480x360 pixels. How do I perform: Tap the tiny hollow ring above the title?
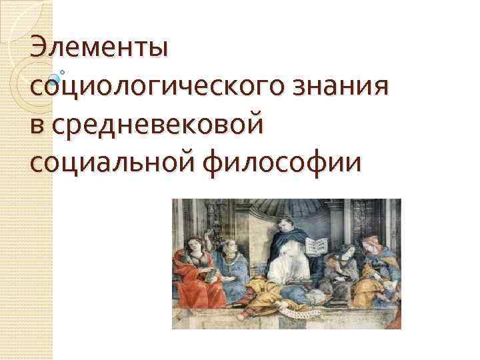click(x=62, y=71)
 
